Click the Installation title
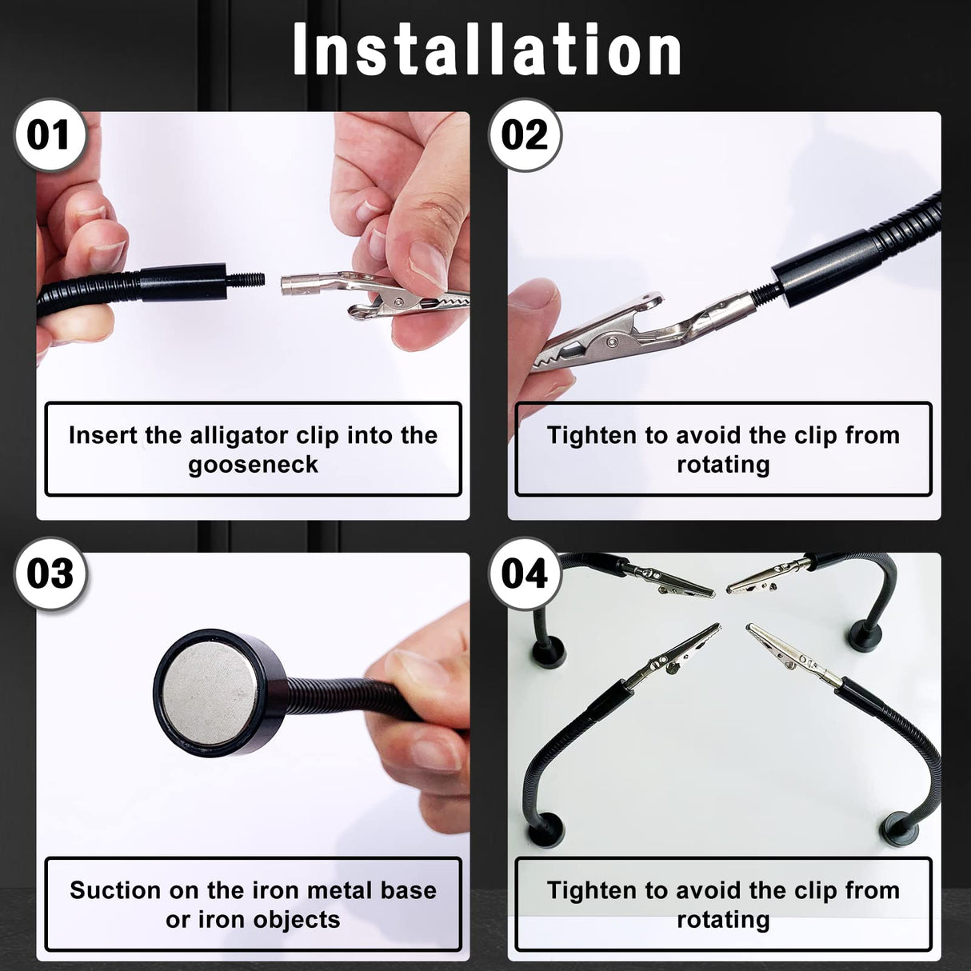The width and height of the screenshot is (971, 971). click(x=486, y=50)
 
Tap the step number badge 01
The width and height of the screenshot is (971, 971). click(x=50, y=135)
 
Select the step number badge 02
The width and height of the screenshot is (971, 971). click(x=525, y=135)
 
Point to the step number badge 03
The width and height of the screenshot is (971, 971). click(x=50, y=574)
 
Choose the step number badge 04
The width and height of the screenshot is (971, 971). click(x=525, y=574)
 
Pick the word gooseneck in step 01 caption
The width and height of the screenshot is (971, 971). click(x=253, y=465)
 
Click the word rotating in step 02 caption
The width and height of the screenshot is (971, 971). click(x=723, y=465)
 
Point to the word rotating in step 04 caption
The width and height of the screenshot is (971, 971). click(x=723, y=920)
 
